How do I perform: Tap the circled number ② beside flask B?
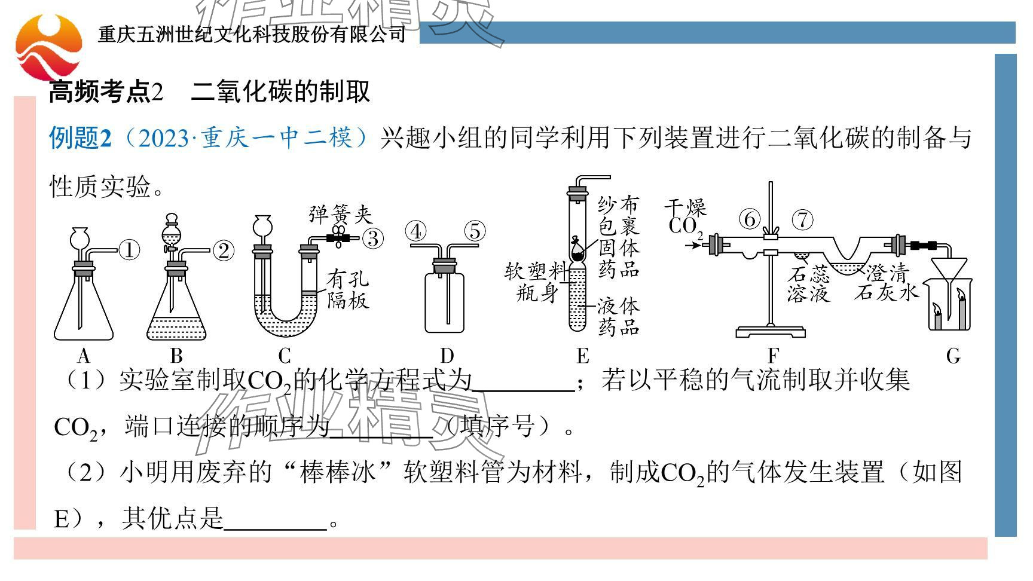click(x=223, y=251)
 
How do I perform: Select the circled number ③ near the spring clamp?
click(x=373, y=238)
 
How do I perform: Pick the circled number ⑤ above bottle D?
click(x=475, y=231)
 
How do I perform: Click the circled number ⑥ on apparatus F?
click(x=749, y=219)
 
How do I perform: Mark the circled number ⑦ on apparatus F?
click(x=802, y=219)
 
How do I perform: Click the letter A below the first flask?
click(x=83, y=356)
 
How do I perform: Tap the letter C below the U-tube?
click(x=285, y=356)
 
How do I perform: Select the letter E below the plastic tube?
click(x=583, y=356)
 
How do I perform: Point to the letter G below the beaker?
click(x=953, y=356)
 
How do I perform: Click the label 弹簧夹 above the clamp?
click(x=340, y=214)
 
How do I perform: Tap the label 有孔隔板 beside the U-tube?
click(x=347, y=289)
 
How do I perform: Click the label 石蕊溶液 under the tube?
click(x=808, y=284)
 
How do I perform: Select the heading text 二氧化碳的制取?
click(x=280, y=91)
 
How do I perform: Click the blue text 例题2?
click(x=80, y=138)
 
